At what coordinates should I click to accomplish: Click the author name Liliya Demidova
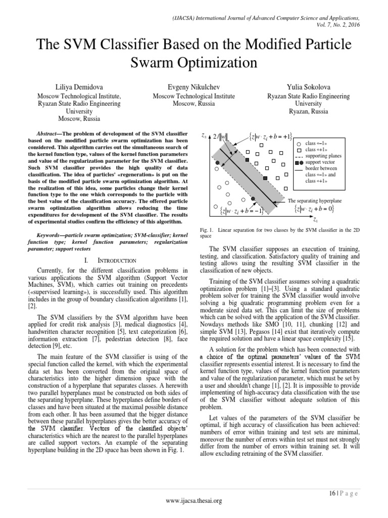tap(79, 87)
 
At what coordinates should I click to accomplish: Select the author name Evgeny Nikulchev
tap(194, 87)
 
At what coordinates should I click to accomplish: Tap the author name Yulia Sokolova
tap(309, 87)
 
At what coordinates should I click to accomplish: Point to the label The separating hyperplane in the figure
tap(314, 200)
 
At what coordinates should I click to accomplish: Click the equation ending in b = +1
tap(271, 136)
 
